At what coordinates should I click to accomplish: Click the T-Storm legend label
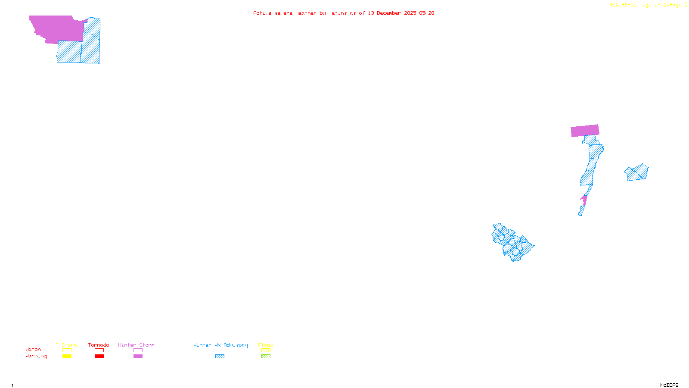click(66, 345)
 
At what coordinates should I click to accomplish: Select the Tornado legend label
click(99, 345)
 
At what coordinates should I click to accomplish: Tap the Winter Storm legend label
click(136, 345)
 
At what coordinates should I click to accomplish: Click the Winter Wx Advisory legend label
click(220, 345)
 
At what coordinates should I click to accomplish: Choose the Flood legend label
click(266, 345)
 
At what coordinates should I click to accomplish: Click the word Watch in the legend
click(33, 349)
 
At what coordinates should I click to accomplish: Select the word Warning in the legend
click(36, 356)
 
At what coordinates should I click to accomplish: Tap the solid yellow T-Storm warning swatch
click(67, 357)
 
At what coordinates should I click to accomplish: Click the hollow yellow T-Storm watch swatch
click(67, 350)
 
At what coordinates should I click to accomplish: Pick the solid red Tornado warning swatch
click(99, 357)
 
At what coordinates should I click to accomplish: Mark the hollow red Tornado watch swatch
click(99, 350)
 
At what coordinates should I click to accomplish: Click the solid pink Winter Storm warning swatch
click(138, 357)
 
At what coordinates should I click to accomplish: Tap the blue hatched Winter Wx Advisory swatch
click(220, 357)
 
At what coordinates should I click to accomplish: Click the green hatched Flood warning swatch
click(266, 357)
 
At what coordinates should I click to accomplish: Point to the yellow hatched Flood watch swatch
click(266, 350)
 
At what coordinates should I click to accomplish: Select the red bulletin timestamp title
click(344, 13)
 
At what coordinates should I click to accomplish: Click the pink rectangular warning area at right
click(585, 131)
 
